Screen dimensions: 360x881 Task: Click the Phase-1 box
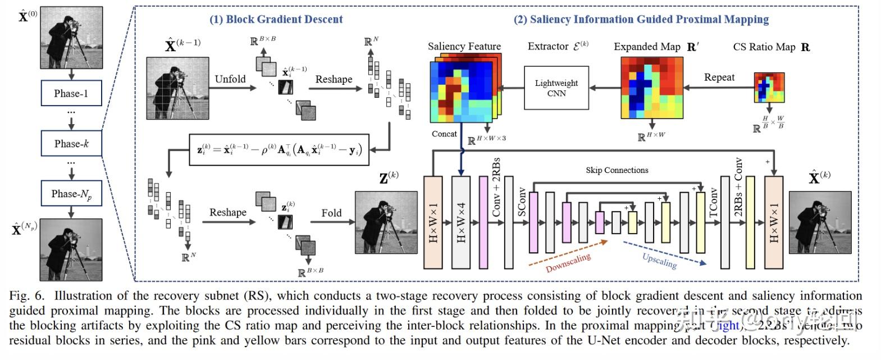pyautogui.click(x=71, y=93)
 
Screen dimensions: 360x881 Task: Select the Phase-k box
pyautogui.click(x=71, y=143)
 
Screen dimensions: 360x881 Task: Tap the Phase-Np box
pyautogui.click(x=71, y=194)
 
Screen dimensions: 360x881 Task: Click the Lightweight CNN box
pyautogui.click(x=556, y=88)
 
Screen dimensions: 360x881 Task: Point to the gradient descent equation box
pyautogui.click(x=279, y=149)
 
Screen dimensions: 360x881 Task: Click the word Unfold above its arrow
pyautogui.click(x=230, y=79)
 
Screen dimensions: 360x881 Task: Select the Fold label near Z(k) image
pyautogui.click(x=331, y=213)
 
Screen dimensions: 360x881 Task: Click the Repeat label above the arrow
pyautogui.click(x=719, y=78)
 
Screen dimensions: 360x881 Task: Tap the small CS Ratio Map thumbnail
pyautogui.click(x=769, y=88)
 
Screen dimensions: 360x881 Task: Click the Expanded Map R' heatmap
pyautogui.click(x=651, y=88)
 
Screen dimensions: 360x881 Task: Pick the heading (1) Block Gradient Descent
pyautogui.click(x=276, y=19)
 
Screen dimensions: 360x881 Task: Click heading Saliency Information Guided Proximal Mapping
pyautogui.click(x=641, y=19)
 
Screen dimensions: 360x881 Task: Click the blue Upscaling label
pyautogui.click(x=659, y=261)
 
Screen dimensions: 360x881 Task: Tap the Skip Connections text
pyautogui.click(x=617, y=170)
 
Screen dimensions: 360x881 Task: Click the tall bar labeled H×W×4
pyautogui.click(x=461, y=222)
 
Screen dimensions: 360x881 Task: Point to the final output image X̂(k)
pyautogui.click(x=820, y=222)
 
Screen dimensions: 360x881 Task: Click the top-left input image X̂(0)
pyautogui.click(x=71, y=38)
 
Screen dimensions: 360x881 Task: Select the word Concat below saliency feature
pyautogui.click(x=444, y=134)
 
